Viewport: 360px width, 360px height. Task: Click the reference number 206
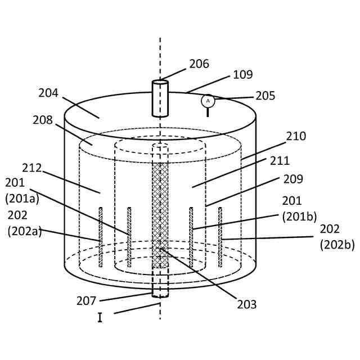point(199,64)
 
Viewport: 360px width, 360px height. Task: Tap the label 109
point(242,75)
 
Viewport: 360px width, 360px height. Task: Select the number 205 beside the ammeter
point(265,96)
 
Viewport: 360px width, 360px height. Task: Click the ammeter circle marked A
point(208,101)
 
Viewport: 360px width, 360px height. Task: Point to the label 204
point(48,93)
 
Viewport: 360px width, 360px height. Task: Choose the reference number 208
point(43,120)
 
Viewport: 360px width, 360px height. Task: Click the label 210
point(296,137)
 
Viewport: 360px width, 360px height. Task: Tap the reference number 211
point(280,161)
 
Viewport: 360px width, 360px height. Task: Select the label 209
point(293,179)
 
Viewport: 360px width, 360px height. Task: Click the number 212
point(32,168)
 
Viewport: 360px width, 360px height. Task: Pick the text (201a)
point(22,198)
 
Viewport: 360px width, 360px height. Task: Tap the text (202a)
point(25,231)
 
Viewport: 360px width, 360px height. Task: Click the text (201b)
point(299,217)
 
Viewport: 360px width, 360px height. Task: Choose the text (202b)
point(337,245)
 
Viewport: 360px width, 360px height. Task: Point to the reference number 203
point(246,305)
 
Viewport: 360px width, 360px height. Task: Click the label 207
point(87,301)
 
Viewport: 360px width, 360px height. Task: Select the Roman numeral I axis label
point(100,318)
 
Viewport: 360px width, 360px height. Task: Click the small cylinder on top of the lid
point(160,98)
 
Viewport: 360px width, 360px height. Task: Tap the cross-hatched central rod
point(160,214)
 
